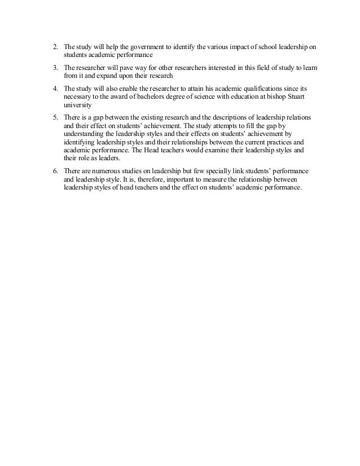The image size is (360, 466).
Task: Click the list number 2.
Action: click(55, 46)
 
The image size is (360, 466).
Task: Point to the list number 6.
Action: click(55, 170)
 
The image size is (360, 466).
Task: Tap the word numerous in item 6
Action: click(108, 170)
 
